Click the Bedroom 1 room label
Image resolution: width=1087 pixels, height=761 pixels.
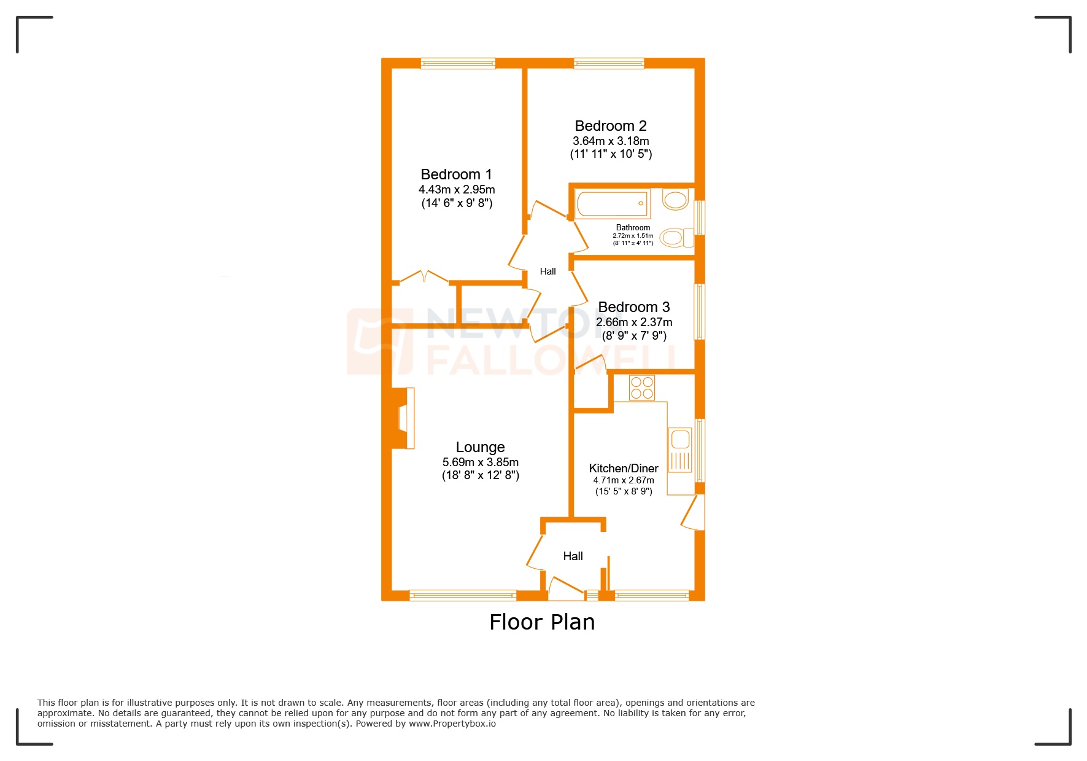pos(456,174)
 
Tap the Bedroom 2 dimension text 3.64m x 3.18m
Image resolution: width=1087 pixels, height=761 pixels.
pos(611,141)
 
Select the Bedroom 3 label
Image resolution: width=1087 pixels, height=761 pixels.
pos(633,307)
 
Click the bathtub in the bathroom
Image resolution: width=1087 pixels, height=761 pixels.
pos(612,203)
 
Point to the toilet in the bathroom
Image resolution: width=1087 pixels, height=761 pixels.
pos(675,237)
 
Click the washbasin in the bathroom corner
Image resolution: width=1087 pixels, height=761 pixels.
pos(676,200)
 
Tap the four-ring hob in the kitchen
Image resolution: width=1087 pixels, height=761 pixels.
pos(642,388)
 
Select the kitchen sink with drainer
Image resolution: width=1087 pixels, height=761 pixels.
pos(680,450)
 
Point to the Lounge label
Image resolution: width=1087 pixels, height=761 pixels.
pos(480,447)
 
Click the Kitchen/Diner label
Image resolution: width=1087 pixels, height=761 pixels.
pos(623,469)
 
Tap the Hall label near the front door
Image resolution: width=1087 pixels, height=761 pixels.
pos(573,556)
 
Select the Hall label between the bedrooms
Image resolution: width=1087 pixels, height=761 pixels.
pos(547,271)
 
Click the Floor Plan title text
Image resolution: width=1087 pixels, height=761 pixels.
pos(542,622)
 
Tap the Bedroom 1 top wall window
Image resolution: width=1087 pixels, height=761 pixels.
pos(458,63)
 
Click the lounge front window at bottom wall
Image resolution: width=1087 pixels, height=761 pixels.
pos(463,595)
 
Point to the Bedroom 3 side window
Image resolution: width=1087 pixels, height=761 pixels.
pos(699,311)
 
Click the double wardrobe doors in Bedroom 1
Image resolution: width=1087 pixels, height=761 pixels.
pos(424,277)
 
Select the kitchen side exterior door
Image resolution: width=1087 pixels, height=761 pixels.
pos(694,513)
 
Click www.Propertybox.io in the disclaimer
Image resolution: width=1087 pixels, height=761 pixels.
pos(452,724)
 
